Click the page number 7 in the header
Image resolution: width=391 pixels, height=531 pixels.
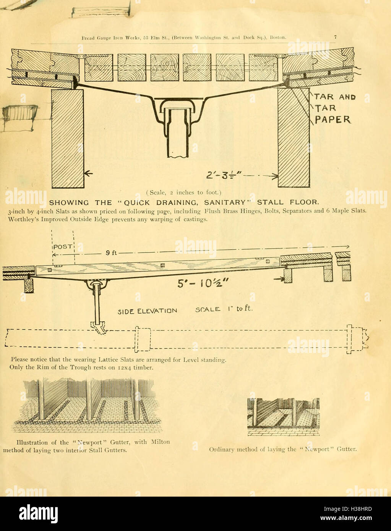tap(335, 37)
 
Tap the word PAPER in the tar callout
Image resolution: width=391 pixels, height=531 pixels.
tap(332, 120)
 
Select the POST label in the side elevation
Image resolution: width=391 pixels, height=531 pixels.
tap(63, 247)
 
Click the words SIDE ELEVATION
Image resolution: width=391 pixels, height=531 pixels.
tap(147, 311)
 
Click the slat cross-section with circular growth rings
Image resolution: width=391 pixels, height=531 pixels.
tap(164, 67)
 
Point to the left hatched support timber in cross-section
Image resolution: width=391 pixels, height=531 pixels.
tap(68, 138)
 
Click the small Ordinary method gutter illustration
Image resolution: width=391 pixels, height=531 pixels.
tap(283, 417)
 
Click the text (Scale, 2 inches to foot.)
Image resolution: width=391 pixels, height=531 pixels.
tap(183, 193)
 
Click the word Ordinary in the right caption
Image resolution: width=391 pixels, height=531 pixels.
tap(221, 449)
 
